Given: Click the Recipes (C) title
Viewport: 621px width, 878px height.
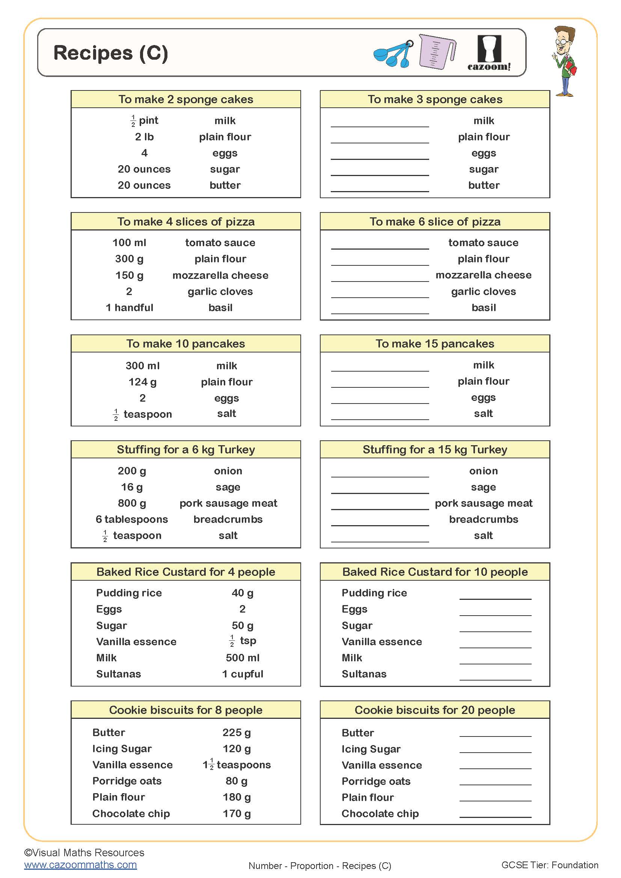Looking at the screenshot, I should tap(110, 53).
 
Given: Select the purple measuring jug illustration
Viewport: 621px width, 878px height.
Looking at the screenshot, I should tap(436, 52).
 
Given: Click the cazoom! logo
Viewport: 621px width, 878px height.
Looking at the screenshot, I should tap(489, 54).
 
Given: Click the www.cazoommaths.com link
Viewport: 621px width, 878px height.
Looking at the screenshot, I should tap(80, 864).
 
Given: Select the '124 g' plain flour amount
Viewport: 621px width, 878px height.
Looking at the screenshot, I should tap(142, 382).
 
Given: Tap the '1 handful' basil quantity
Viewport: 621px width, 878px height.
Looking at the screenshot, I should tap(129, 307).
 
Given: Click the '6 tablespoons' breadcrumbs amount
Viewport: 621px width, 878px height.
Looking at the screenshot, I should tap(131, 519).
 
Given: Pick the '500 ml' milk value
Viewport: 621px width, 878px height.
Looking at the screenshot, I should tap(243, 658).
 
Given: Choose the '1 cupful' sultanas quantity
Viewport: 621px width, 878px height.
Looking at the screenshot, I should tap(243, 674).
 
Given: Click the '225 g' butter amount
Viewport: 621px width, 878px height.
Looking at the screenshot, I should tap(237, 732).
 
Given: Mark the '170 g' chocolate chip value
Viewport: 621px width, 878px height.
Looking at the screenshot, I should tap(237, 813).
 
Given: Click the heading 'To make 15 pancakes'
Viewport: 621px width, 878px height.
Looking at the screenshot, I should tap(435, 343).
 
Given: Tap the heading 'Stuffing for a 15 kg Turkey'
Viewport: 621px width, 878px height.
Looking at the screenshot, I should tap(435, 449).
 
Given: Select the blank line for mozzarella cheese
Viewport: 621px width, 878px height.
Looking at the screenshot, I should tap(380, 278).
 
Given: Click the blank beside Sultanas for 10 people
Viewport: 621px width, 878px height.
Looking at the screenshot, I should tap(495, 676).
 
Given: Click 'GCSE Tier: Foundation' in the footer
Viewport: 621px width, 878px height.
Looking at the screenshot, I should tap(550, 865).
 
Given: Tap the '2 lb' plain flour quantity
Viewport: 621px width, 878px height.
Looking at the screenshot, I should tap(144, 137).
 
